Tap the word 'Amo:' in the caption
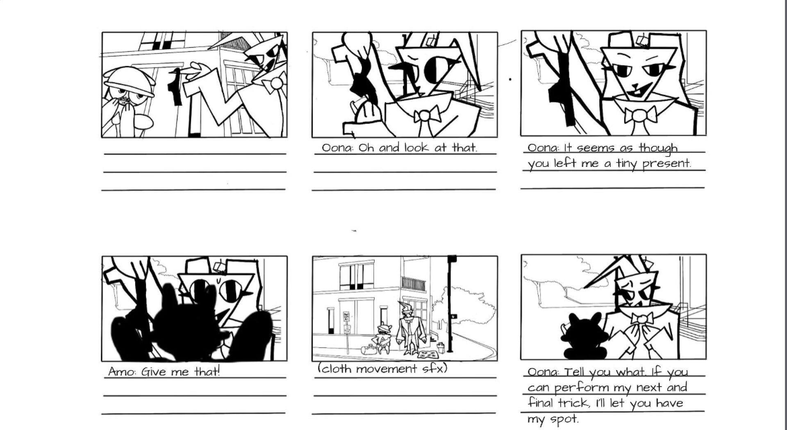pyautogui.click(x=122, y=372)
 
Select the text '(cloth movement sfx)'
pyautogui.click(x=382, y=369)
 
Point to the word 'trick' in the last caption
pyautogui.click(x=573, y=403)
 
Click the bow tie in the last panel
pyautogui.click(x=642, y=319)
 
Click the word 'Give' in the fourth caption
pyautogui.click(x=155, y=372)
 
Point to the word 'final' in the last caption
pyautogui.click(x=540, y=402)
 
